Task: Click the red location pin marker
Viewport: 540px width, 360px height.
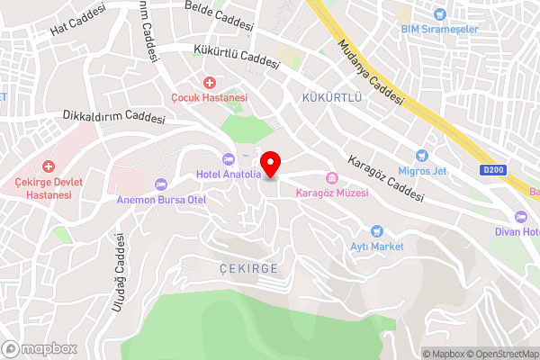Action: point(271,165)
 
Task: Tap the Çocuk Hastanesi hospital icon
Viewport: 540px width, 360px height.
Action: point(209,83)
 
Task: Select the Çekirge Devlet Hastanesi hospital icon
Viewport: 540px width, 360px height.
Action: point(49,167)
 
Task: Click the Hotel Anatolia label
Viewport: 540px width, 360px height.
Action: point(229,175)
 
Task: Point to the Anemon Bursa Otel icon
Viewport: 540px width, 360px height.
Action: point(161,184)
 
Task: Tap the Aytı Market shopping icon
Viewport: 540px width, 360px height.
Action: point(377,231)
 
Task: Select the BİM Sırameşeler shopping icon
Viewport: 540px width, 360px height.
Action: point(440,14)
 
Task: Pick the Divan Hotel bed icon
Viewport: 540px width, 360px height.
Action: point(520,216)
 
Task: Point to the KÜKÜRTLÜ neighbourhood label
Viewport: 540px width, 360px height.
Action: point(332,96)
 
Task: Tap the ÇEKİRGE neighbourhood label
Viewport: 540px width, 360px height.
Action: point(247,269)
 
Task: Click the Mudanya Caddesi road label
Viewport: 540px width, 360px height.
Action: point(370,72)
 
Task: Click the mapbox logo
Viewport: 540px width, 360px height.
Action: point(39,348)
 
